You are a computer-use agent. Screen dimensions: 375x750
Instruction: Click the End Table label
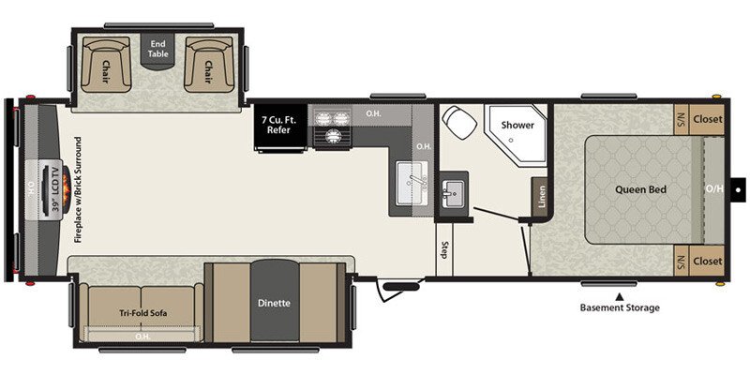157,49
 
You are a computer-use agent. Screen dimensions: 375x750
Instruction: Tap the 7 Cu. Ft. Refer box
283,124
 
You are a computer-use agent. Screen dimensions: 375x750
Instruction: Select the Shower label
517,125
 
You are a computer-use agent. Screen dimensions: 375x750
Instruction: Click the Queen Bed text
640,189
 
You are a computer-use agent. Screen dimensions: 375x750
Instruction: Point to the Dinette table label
274,303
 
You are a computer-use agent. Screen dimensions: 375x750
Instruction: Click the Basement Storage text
619,307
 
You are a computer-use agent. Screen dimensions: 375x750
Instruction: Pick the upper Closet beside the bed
709,119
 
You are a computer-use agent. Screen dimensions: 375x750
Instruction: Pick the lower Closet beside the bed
709,261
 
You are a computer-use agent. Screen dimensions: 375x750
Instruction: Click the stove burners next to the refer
331,128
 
